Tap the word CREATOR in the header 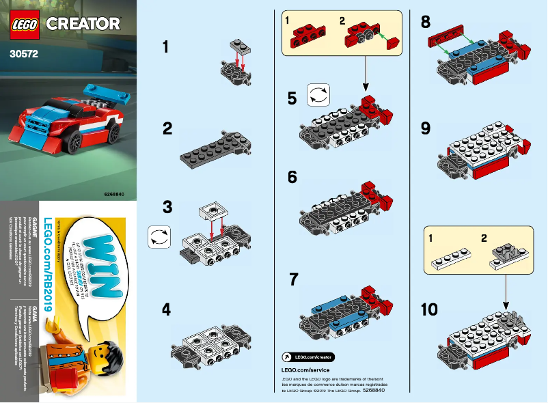(83, 24)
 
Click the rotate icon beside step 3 (159, 238)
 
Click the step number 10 (429, 310)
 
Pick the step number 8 (426, 22)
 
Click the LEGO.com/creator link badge (307, 356)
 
